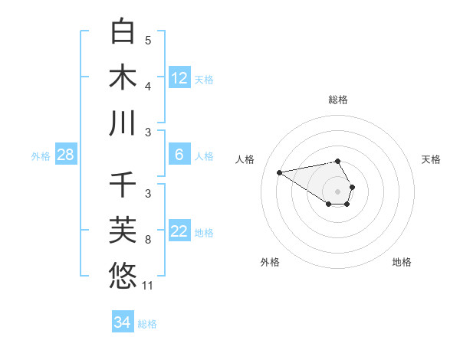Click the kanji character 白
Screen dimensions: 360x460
(123, 31)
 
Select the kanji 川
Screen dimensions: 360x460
(123, 123)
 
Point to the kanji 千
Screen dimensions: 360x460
(123, 185)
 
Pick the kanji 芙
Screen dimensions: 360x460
(123, 231)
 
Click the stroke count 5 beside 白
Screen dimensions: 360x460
(148, 40)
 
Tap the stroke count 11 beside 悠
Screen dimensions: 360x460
(148, 286)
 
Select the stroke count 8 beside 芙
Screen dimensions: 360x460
(148, 241)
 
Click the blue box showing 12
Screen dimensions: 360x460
(179, 78)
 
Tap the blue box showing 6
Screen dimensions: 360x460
(179, 155)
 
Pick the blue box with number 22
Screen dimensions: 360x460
(179, 232)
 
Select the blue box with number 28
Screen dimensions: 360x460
(66, 155)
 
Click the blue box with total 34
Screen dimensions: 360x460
(122, 322)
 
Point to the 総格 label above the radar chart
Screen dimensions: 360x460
(338, 100)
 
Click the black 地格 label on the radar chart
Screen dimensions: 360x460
(402, 262)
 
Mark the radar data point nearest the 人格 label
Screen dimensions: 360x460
(279, 172)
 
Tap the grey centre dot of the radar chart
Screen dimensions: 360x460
(337, 191)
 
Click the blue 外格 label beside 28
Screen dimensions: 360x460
(41, 156)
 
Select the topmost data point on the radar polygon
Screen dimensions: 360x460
(338, 161)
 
